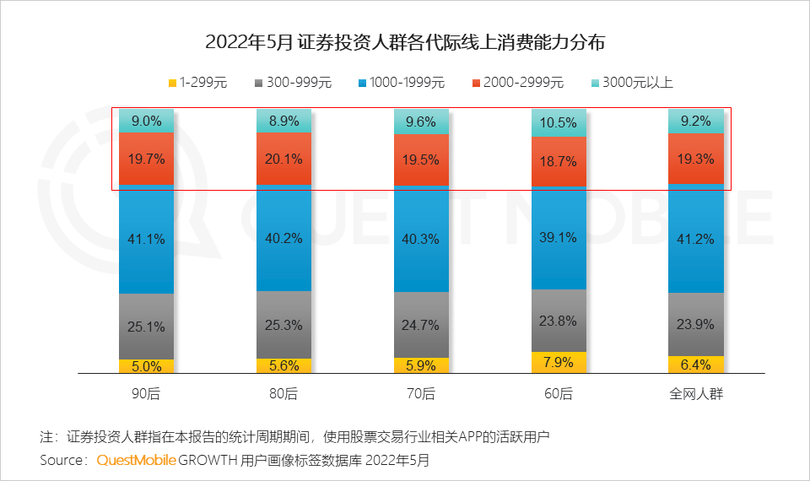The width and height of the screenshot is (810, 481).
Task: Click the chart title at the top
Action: (x=405, y=41)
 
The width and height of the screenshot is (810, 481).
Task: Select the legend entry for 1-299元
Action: (x=198, y=83)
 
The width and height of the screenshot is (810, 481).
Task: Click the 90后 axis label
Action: (x=146, y=394)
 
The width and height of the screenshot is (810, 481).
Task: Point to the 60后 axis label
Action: (x=559, y=394)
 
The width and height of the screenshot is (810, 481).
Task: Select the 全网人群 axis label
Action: (x=696, y=394)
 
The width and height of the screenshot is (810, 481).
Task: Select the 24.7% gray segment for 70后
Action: (x=421, y=325)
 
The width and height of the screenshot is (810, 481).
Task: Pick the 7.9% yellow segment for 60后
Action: (x=559, y=363)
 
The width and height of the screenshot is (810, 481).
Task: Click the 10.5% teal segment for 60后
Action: (x=559, y=123)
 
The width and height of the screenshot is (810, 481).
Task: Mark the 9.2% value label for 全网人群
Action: (x=696, y=122)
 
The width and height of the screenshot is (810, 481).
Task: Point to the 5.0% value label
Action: (x=146, y=366)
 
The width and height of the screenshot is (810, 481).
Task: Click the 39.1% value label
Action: (x=559, y=238)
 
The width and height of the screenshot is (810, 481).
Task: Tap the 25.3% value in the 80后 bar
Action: (x=283, y=325)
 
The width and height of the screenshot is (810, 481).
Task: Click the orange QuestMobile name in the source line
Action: (x=136, y=461)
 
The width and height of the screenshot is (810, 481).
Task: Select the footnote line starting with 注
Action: (x=294, y=437)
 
